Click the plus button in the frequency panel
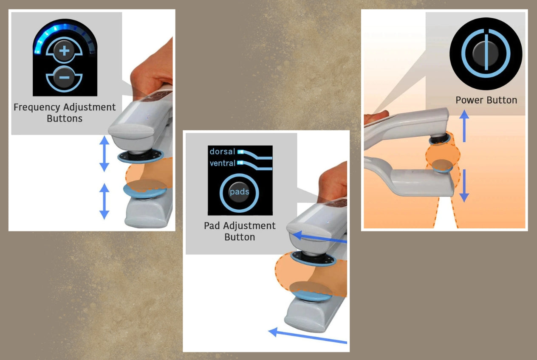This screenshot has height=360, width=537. tap(64, 51)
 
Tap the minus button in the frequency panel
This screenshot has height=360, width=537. tap(64, 77)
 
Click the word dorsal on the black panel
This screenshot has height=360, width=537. tap(222, 152)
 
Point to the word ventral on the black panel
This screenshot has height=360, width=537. tap(223, 163)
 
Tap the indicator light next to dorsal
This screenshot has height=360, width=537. tap(241, 152)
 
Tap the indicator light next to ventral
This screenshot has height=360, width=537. tap(240, 163)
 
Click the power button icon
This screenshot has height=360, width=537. tap(486, 53)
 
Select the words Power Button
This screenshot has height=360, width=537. tap(486, 100)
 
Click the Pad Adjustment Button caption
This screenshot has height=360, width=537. tap(240, 231)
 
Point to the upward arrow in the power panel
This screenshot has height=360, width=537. tap(464, 126)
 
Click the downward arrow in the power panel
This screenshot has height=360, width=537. tap(464, 186)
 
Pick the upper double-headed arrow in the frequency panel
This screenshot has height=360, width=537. tap(104, 154)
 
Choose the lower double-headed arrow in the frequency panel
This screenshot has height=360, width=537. tap(104, 201)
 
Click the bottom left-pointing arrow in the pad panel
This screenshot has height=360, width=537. tap(308, 336)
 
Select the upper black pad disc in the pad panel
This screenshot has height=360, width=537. tap(313, 259)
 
